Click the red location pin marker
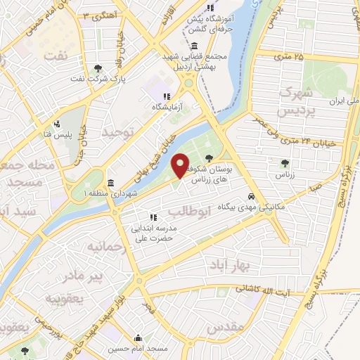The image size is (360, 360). coord(181,165)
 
